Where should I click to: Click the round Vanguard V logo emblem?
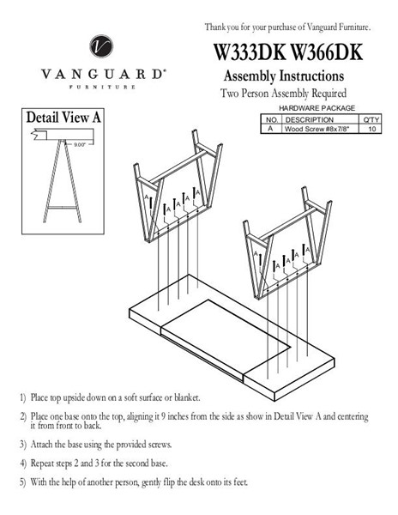(101, 46)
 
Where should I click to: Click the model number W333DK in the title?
(250, 51)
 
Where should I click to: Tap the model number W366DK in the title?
(327, 51)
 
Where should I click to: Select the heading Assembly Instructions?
(284, 76)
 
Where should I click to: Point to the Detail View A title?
(63, 118)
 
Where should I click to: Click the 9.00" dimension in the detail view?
(80, 144)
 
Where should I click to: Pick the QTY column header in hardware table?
(371, 119)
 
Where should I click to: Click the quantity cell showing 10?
(371, 129)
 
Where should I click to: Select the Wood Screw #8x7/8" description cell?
(317, 129)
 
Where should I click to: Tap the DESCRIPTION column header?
(310, 119)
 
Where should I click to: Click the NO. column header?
(272, 119)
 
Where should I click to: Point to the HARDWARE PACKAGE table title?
(317, 108)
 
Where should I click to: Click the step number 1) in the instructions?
(22, 398)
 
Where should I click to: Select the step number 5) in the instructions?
(22, 482)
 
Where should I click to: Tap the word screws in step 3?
(160, 445)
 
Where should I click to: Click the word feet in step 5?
(240, 482)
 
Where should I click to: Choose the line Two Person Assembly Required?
(283, 93)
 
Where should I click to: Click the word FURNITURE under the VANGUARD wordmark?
(102, 87)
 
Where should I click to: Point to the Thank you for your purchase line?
(287, 27)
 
